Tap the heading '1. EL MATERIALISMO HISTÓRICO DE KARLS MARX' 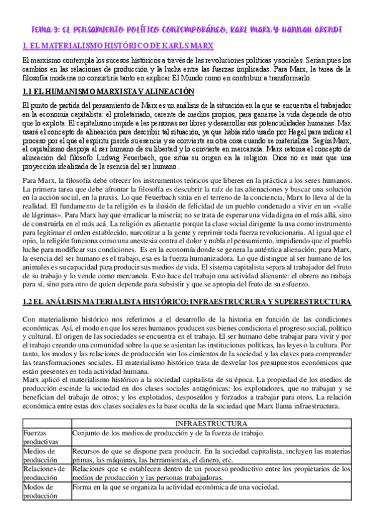(x=117, y=46)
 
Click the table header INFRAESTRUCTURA (x=212, y=422)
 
